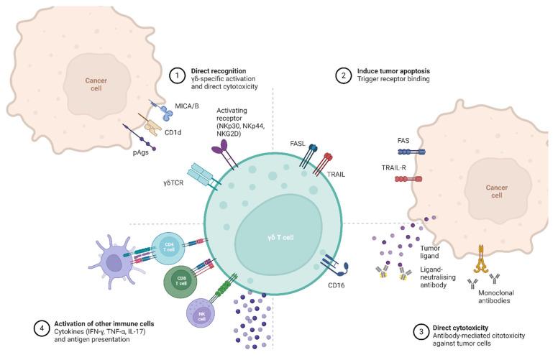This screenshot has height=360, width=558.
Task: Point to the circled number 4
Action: (x=42, y=329)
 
